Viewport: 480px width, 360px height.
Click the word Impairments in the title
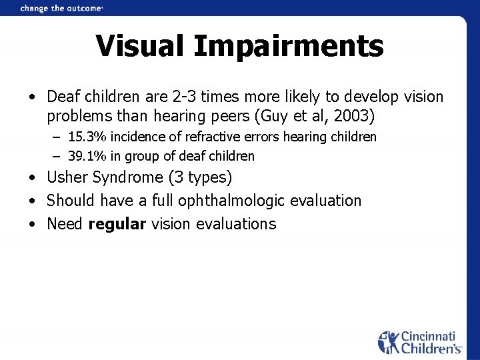[x=289, y=47]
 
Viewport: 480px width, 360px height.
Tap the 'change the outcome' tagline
[x=61, y=8]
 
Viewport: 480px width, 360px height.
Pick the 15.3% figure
[x=89, y=137]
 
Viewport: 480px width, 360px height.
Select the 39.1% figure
[x=89, y=157]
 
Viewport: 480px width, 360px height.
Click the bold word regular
[x=117, y=224]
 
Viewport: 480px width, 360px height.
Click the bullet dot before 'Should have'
[x=32, y=201]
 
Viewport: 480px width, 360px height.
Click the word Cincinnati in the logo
[x=431, y=337]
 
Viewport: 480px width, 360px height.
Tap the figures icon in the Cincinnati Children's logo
[x=389, y=342]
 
